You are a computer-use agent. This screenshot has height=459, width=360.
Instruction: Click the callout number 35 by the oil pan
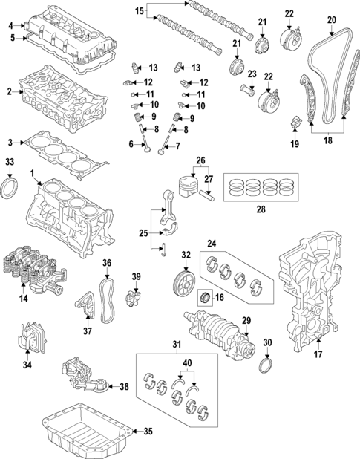[147, 432]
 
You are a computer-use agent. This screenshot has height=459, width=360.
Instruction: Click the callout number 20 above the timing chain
[331, 19]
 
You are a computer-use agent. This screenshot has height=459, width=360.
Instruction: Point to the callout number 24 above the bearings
[211, 243]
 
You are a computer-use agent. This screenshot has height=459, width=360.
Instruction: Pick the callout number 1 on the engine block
[32, 174]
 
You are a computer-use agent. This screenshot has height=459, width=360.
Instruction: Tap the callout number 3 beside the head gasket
[9, 141]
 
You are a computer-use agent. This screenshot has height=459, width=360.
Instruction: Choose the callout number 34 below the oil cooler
[27, 365]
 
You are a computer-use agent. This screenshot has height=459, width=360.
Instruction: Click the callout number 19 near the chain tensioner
[294, 143]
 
